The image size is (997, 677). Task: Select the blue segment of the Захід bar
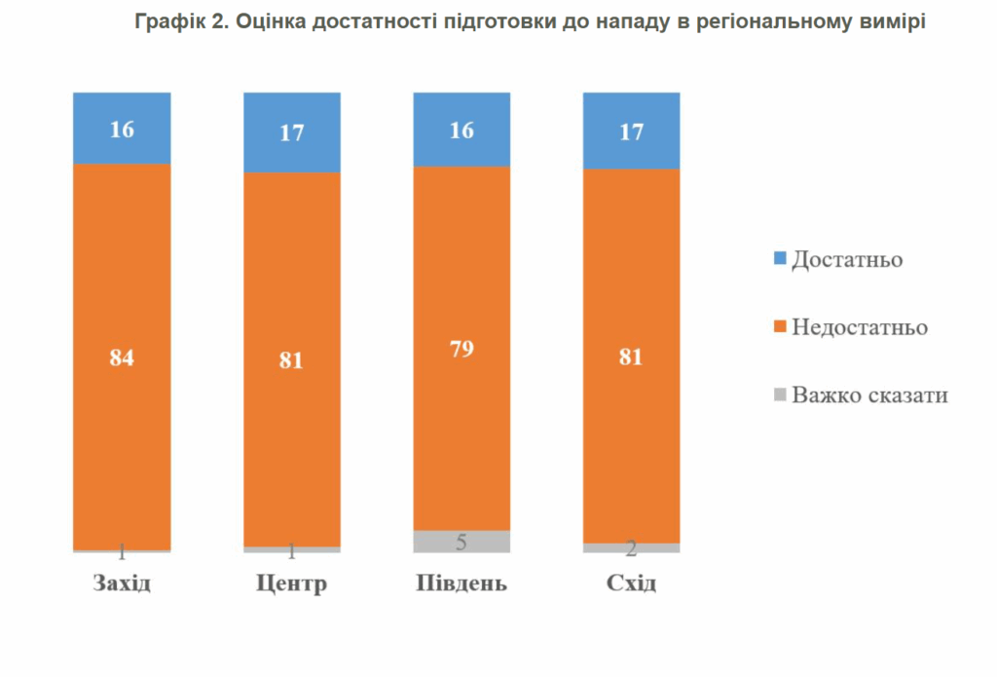(x=122, y=128)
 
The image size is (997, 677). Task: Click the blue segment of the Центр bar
(x=291, y=132)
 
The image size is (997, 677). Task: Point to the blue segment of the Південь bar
(x=462, y=130)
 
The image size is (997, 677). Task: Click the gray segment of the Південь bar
(x=462, y=542)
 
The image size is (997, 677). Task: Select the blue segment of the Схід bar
(x=631, y=131)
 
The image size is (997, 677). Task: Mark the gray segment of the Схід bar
(x=631, y=548)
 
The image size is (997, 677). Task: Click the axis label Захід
(x=122, y=584)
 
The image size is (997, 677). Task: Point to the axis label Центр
(x=291, y=584)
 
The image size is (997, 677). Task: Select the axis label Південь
(x=462, y=584)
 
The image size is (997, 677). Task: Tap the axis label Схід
(x=631, y=584)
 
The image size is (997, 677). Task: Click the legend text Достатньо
(x=846, y=260)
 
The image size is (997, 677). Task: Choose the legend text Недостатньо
(x=859, y=327)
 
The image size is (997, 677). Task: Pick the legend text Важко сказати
(x=869, y=395)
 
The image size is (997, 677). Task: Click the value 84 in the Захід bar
(x=122, y=357)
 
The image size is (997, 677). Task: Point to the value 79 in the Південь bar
(x=462, y=349)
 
